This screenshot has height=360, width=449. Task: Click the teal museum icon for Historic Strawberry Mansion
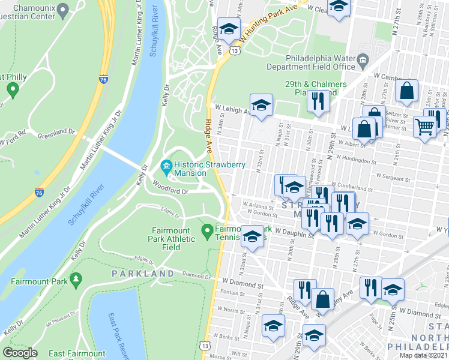pyautogui.click(x=166, y=165)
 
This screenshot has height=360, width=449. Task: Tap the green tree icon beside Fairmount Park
pyautogui.click(x=76, y=280)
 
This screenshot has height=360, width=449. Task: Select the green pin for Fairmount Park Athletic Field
pyautogui.click(x=207, y=230)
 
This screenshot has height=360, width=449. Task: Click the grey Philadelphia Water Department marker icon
pyautogui.click(x=363, y=60)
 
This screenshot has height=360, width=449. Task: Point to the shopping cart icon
pyautogui.click(x=425, y=127)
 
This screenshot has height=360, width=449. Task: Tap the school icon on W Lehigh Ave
pyautogui.click(x=261, y=106)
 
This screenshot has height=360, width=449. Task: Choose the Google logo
pyautogui.click(x=20, y=353)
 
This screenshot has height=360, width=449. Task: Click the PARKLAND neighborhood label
pyautogui.click(x=142, y=274)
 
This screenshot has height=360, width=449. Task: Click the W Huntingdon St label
pyautogui.click(x=355, y=161)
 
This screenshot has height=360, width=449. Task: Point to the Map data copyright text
pyautogui.click(x=424, y=355)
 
